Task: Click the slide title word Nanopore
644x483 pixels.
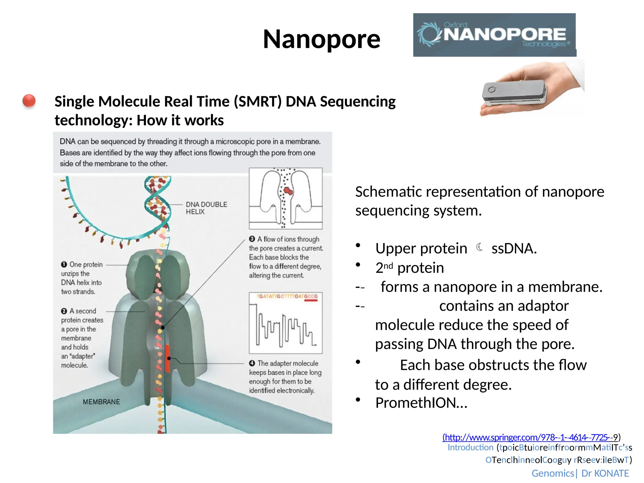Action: point(321,39)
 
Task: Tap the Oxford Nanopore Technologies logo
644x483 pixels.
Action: point(494,35)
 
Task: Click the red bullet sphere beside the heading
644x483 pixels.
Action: point(29,101)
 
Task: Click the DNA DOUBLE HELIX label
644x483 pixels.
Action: point(206,208)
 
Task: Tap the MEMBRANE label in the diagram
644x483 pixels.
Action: point(101,402)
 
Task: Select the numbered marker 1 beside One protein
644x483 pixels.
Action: point(64,264)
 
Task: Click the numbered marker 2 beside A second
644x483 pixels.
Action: point(64,311)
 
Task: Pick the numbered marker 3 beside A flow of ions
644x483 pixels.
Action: point(252,239)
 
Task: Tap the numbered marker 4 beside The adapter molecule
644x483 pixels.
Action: point(252,363)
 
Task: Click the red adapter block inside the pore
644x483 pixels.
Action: point(167,358)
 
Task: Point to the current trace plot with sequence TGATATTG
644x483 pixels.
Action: point(286,323)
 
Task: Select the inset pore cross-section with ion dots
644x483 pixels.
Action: point(286,198)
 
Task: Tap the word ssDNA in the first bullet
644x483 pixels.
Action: point(514,248)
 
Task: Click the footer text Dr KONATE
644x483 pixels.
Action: point(605,473)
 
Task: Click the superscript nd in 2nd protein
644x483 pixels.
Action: point(388,266)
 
